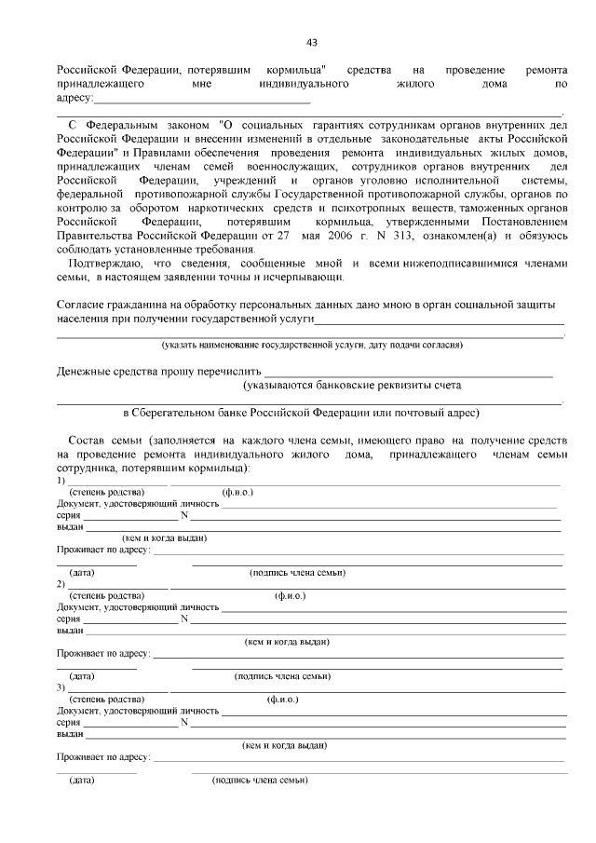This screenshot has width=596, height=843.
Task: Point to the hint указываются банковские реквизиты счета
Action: pos(351,385)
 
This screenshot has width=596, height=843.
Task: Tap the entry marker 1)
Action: pos(61,480)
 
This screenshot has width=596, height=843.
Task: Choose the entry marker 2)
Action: pos(61,583)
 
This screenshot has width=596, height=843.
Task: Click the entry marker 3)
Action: pos(61,687)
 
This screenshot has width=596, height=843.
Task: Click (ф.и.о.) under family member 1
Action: pos(237,491)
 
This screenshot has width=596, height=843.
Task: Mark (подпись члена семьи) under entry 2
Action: pos(281,676)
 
